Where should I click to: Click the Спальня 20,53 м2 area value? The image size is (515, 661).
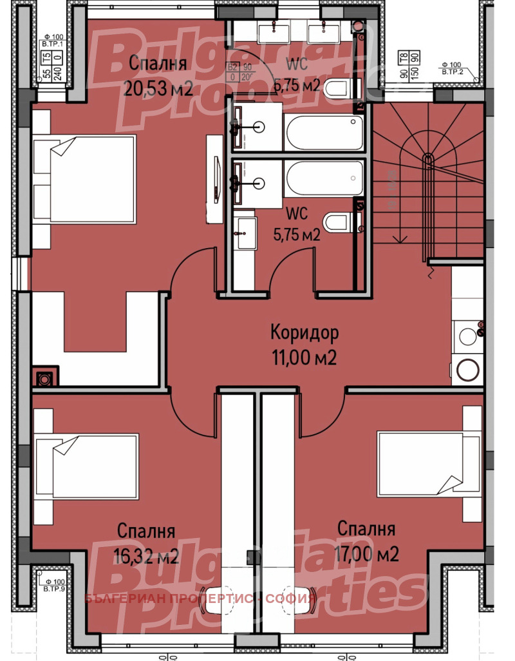(x=158, y=88)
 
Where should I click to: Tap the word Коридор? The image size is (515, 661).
(x=304, y=333)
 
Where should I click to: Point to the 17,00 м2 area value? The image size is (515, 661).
(x=366, y=553)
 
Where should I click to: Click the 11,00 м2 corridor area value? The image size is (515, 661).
(x=304, y=358)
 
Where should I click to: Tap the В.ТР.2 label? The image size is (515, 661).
(x=454, y=72)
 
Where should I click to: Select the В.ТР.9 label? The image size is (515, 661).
(x=55, y=588)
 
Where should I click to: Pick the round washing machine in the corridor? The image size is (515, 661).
(x=467, y=370)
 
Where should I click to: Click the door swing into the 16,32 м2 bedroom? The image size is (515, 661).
(x=190, y=412)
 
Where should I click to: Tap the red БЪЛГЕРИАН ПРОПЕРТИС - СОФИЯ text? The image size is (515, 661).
(x=200, y=599)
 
